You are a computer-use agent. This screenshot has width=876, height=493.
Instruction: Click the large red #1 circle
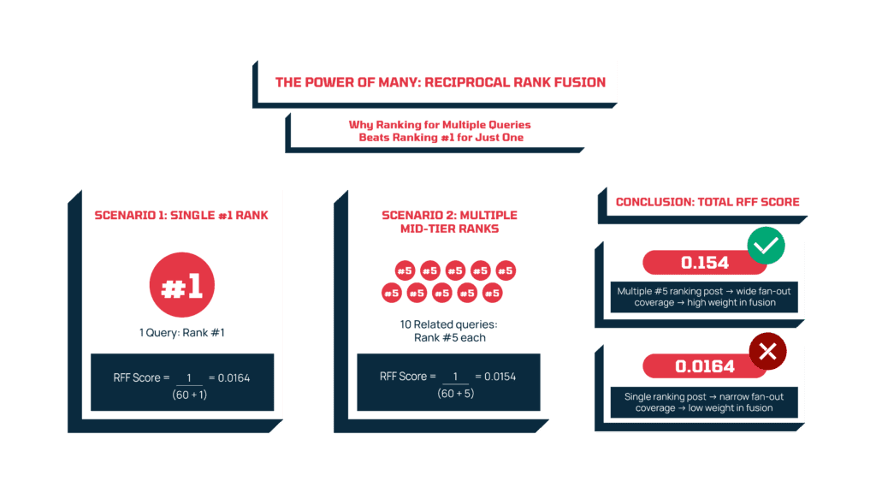[x=181, y=286]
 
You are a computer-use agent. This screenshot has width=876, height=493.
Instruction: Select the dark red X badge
[x=766, y=352]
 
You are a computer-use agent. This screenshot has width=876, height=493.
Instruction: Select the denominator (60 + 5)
[x=454, y=393]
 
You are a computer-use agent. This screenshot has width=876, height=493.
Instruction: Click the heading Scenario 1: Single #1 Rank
[x=181, y=215]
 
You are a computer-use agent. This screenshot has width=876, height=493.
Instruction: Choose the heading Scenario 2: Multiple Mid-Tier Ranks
[x=449, y=222]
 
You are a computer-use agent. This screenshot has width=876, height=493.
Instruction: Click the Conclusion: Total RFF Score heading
[x=707, y=202]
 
